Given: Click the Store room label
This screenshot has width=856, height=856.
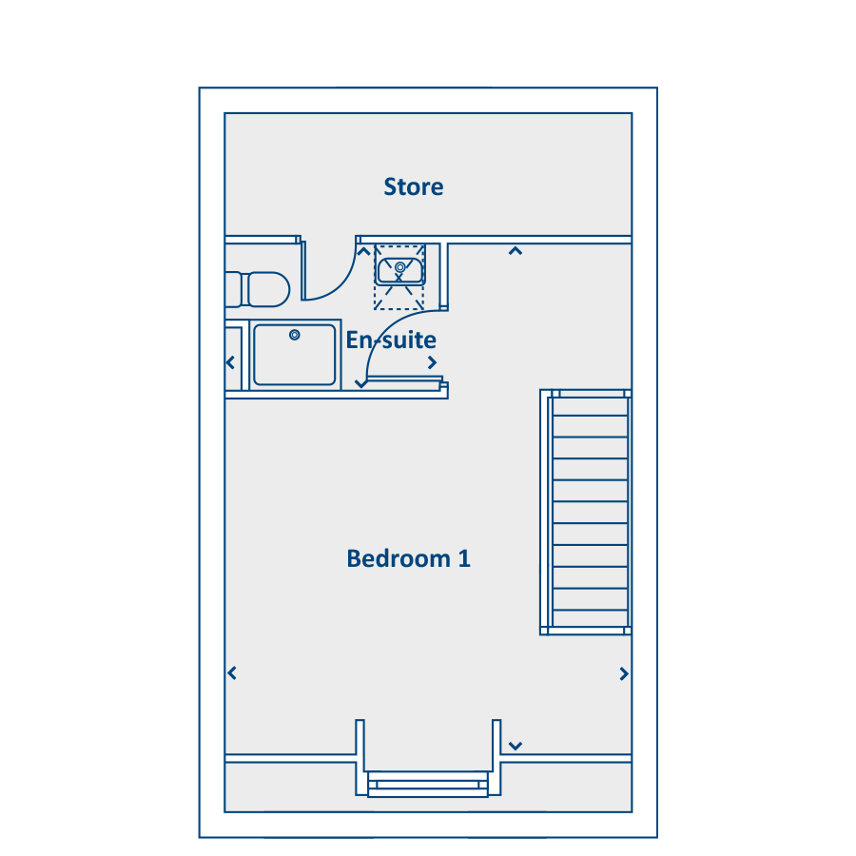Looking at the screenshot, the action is (414, 186).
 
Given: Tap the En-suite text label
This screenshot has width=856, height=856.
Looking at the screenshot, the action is (391, 340).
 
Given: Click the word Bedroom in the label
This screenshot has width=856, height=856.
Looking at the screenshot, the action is (399, 558).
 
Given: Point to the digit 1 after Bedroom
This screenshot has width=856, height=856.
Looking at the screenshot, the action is (464, 558).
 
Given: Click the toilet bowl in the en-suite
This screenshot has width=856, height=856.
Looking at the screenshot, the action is (268, 289).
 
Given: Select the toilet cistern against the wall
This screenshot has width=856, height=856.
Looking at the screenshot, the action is (233, 289).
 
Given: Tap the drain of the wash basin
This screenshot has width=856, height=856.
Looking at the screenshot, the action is (400, 267).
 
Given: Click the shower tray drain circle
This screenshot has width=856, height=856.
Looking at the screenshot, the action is (295, 335).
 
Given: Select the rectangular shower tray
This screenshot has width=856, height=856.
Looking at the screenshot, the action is (295, 355).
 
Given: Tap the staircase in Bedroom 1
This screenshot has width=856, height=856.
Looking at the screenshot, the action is (586, 512).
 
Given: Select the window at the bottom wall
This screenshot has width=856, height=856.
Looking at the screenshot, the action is (428, 785).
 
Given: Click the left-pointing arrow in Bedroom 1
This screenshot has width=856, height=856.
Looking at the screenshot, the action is (232, 673).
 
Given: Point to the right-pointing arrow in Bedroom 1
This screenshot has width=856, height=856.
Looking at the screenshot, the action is (624, 673).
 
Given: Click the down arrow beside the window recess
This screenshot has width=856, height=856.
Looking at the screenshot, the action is (516, 746).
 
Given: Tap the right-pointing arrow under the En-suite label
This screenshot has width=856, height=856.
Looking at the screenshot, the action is (433, 362).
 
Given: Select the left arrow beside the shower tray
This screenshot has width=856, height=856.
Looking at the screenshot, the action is (230, 362).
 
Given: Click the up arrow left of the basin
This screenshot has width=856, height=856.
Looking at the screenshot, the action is (363, 251).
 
